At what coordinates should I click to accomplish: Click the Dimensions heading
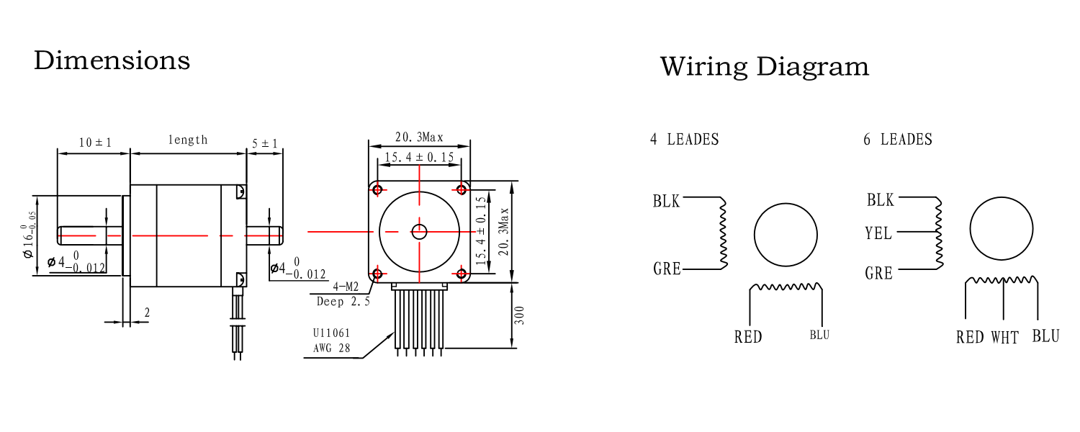point(112,60)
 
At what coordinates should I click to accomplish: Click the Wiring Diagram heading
point(764,67)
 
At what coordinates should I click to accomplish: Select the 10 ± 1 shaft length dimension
point(94,143)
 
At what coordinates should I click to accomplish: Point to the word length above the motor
point(188,140)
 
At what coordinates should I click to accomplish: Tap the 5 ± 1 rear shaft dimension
point(265,143)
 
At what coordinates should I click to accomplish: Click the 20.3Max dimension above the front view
point(419,137)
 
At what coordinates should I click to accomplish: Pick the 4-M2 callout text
point(346,287)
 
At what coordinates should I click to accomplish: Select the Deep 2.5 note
point(343,302)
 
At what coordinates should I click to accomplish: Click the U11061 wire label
point(331,333)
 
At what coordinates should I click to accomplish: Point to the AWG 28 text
point(331,348)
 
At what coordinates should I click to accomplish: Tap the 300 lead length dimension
point(521,315)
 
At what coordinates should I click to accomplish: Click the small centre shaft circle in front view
point(419,231)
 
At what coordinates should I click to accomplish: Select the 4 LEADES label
point(684,140)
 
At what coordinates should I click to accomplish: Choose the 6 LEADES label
point(897,140)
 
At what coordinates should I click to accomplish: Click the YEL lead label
point(878,233)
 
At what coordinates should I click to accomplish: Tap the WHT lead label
point(1004,337)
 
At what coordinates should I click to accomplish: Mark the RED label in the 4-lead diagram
point(748,337)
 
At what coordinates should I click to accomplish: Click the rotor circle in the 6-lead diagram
point(1002,228)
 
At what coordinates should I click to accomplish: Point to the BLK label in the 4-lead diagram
point(666,201)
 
